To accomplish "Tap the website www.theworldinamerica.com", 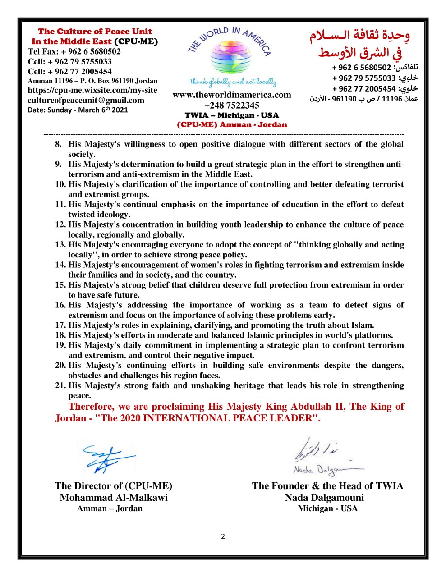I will (x=232, y=95).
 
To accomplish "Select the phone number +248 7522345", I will (x=232, y=105).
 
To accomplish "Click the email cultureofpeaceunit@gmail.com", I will (x=86, y=101).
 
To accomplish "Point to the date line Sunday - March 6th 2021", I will (x=78, y=110).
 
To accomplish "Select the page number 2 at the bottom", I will (x=223, y=536).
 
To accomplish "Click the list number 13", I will (x=60, y=245).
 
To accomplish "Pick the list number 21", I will (x=60, y=385).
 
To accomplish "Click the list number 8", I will (x=58, y=144).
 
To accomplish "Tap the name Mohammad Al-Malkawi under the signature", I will (x=114, y=498).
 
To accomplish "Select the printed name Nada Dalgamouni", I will (x=324, y=498).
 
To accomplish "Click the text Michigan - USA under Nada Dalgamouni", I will (x=327, y=508).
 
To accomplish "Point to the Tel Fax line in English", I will (x=74, y=51).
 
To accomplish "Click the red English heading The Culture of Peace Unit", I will (x=95, y=32).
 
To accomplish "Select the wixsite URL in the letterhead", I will (x=92, y=90).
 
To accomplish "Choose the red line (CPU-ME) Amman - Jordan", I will (x=232, y=125).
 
